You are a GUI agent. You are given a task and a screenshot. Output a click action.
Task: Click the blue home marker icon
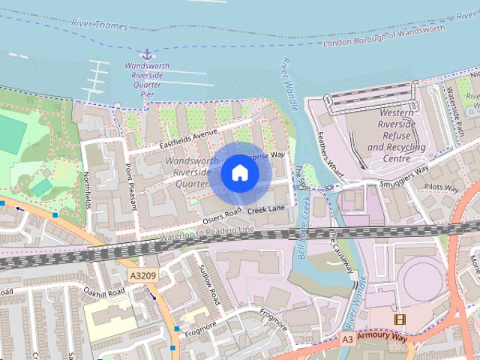239,173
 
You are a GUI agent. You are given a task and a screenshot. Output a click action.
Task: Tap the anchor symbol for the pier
147,53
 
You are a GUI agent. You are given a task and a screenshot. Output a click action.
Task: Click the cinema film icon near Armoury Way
399,319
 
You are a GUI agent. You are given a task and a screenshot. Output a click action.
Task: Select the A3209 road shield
143,276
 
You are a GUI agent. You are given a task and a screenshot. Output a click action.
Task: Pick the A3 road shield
347,339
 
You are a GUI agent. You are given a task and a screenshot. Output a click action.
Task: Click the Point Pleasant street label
130,186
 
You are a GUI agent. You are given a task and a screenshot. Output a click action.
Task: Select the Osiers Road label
223,216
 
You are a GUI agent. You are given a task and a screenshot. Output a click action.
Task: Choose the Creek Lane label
267,208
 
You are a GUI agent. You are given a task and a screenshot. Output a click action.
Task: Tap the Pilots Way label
442,187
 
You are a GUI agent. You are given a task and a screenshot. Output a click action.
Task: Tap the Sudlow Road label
208,285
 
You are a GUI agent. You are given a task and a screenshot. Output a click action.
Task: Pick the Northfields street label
91,185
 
